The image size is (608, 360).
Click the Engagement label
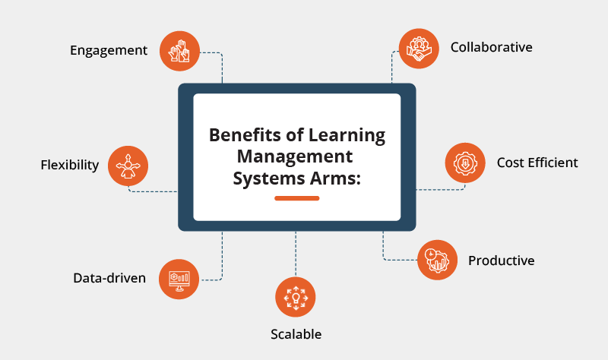click(108, 51)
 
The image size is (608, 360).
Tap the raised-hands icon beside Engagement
click(179, 51)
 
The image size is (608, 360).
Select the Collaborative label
click(491, 47)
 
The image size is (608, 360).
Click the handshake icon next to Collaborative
click(419, 47)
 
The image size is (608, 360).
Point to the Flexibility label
click(70, 165)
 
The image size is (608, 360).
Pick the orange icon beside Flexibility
click(128, 165)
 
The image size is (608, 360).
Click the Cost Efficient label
click(537, 163)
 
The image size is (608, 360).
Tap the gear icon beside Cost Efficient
click(464, 163)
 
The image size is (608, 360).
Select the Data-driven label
click(109, 278)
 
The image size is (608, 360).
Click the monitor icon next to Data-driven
click(179, 278)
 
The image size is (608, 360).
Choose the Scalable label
click(296, 334)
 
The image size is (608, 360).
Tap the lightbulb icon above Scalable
click(295, 297)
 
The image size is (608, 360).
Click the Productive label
click(501, 261)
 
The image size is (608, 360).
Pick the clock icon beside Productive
click(437, 260)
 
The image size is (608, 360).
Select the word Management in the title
click(295, 157)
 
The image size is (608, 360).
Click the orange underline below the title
click(296, 198)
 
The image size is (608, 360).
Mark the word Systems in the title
click(268, 179)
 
